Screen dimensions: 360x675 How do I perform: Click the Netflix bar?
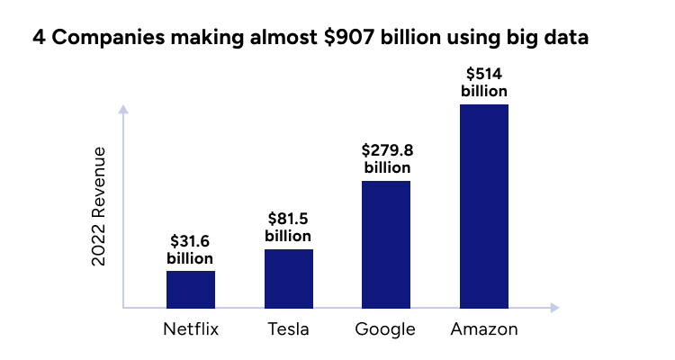point(191,289)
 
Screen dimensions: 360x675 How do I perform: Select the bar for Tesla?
point(289,278)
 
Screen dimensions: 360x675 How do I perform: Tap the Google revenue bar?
point(386,244)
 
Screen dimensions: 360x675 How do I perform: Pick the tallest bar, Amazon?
point(484,205)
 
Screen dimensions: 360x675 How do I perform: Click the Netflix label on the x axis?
point(191,329)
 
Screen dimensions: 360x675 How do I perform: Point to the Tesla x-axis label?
point(289,329)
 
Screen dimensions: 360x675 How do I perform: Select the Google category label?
point(385,329)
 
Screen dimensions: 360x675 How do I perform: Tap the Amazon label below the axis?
point(484,329)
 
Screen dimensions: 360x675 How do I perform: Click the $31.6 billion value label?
point(191,249)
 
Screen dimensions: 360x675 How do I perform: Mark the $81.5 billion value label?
point(289,227)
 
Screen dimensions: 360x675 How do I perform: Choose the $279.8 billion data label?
point(386,158)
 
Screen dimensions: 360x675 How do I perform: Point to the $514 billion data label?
point(484,82)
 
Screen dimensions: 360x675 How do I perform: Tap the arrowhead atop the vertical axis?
point(123,110)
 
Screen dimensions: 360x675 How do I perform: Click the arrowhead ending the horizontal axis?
point(554,308)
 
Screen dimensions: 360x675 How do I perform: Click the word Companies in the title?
point(103,39)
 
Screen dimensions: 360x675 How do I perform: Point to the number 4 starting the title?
point(39,39)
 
